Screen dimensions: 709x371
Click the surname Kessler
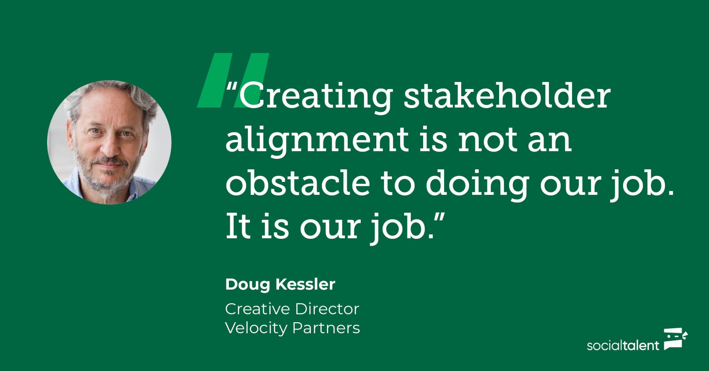305,284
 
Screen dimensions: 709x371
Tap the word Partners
326,328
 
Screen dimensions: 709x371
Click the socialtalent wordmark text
623,346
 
